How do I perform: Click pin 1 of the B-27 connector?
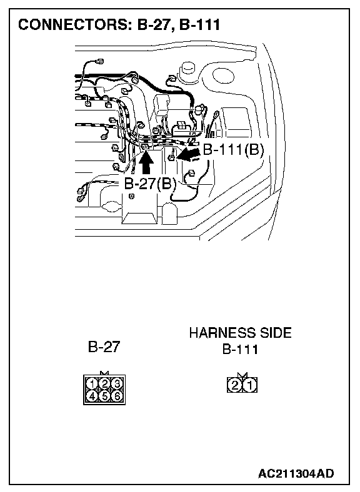click(92, 384)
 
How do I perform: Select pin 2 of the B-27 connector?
click(104, 384)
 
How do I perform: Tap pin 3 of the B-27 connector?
click(116, 384)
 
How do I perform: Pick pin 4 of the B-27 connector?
click(92, 396)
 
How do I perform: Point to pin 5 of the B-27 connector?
click(104, 396)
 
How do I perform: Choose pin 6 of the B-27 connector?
click(116, 396)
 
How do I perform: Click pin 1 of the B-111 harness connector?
click(250, 385)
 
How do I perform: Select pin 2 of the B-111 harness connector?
click(234, 385)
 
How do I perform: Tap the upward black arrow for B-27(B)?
click(146, 162)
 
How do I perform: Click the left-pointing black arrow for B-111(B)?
click(189, 155)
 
